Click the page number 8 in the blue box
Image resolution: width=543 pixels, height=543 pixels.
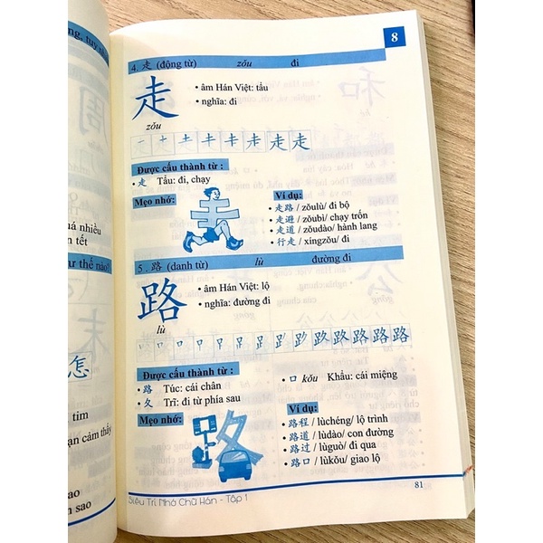pos(394,38)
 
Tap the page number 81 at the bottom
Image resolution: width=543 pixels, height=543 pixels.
pos(419,484)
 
